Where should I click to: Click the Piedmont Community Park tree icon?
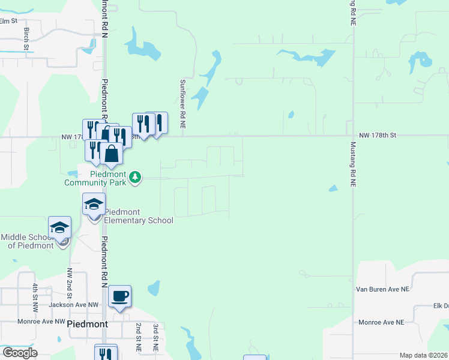136,177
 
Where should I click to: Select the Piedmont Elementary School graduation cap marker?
94,205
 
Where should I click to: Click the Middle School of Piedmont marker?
60,229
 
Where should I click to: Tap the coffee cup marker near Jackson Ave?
119,296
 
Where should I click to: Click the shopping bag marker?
112,154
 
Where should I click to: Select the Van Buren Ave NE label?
382,289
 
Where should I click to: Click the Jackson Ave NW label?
76,305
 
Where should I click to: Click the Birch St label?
27,38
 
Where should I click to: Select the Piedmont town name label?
88,324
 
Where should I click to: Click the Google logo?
20,353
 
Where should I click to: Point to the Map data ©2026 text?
423,355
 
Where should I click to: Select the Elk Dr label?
441,305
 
